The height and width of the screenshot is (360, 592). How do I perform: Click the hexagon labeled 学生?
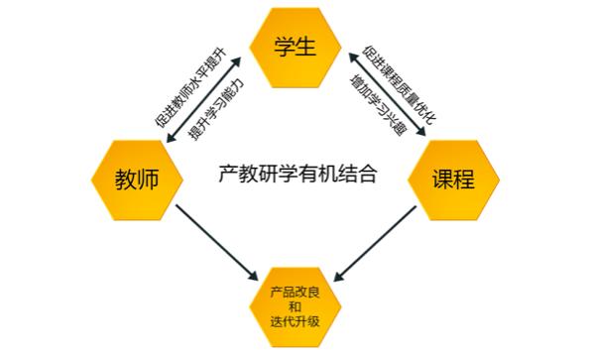296,47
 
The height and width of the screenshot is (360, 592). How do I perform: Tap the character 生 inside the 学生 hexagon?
308,47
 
